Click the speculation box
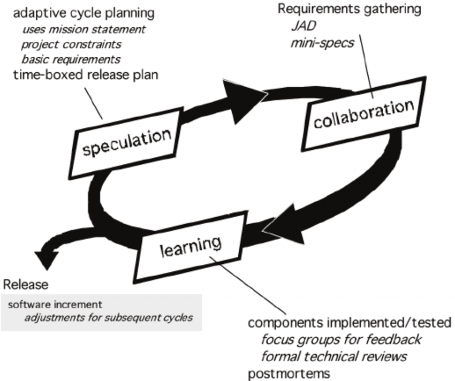tap(126, 142)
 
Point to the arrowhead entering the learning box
tap(283, 225)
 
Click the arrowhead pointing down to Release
tap(47, 260)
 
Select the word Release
tap(26, 285)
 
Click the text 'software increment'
tap(55, 304)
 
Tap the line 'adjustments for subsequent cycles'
tap(109, 317)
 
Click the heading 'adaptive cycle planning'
tap(84, 13)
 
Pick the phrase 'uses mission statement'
tap(84, 29)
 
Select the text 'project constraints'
tap(71, 44)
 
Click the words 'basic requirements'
tap(71, 59)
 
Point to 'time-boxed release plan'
tap(86, 75)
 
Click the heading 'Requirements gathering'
tap(350, 9)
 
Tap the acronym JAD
tap(304, 26)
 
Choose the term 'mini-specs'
tap(322, 43)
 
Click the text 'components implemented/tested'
tap(350, 323)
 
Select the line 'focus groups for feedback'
tap(342, 339)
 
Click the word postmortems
tap(289, 374)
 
